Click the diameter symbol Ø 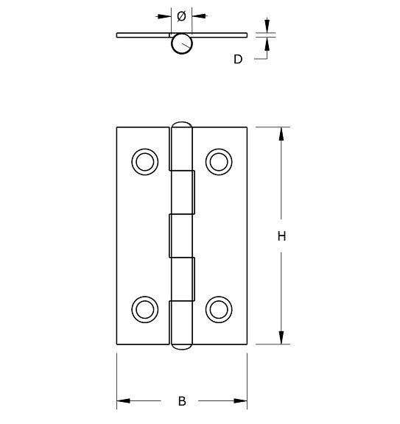[182, 15]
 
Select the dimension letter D [238, 59]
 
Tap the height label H [281, 236]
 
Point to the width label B [182, 401]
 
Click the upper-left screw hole [144, 161]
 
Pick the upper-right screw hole [218, 161]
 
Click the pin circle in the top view [181, 45]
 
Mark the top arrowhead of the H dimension [281, 133]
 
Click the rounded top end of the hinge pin [181, 124]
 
